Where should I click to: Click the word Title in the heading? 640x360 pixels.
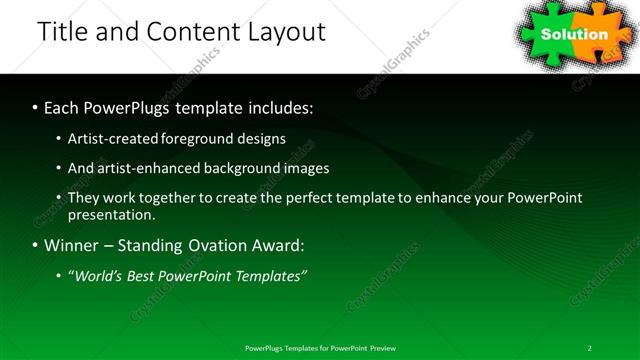click(x=63, y=32)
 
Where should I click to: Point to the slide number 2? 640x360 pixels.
click(x=590, y=347)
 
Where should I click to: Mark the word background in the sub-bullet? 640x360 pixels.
click(x=240, y=168)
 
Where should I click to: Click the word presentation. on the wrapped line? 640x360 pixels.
click(x=112, y=214)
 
